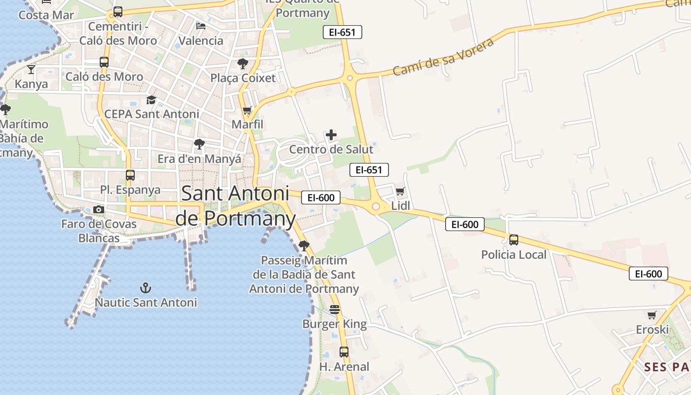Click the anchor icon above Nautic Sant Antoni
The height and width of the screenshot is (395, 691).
point(145,287)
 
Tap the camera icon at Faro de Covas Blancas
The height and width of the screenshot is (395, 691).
point(99,209)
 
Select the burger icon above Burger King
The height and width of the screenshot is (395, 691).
point(335,310)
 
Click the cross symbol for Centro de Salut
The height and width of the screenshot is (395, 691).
point(331,135)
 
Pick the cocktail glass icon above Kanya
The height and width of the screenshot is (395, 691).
point(31,70)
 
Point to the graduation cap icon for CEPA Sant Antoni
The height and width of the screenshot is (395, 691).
point(151,100)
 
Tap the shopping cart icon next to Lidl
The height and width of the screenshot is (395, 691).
point(400,191)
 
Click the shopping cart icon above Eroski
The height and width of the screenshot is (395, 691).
point(652,315)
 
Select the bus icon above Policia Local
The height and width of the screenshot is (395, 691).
point(514,240)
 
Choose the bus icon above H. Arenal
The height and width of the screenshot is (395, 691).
point(344,352)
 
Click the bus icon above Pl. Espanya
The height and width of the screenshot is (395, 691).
point(130,175)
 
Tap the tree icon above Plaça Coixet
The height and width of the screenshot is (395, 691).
point(243,64)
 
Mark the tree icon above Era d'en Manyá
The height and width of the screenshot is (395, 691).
point(199,144)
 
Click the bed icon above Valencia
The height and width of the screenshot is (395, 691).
point(201,26)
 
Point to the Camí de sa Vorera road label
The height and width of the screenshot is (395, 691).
point(443,57)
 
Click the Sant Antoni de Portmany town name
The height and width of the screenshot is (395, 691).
point(235,206)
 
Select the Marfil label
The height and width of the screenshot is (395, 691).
point(247,124)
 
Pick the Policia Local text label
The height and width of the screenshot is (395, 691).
point(514,255)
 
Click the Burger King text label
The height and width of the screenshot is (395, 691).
point(335,324)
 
